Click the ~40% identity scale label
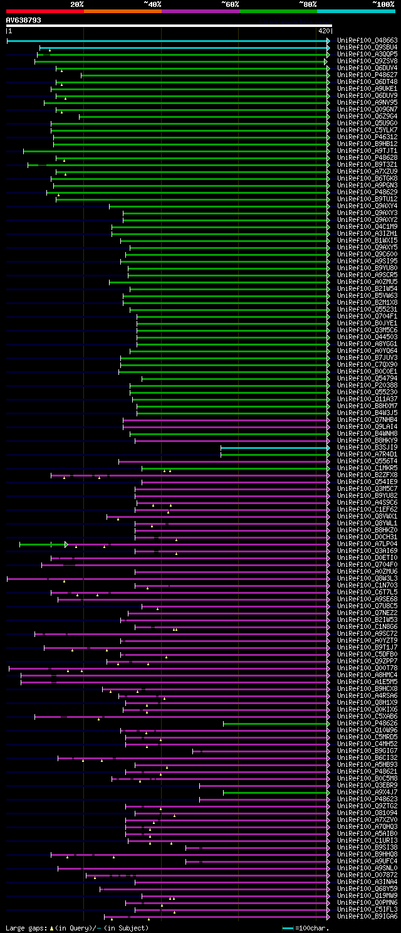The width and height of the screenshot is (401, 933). click(152, 4)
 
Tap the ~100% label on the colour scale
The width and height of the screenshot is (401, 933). click(384, 4)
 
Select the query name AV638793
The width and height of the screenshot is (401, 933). click(24, 20)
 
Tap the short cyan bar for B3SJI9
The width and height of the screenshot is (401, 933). click(274, 448)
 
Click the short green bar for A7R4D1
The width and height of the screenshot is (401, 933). click(274, 455)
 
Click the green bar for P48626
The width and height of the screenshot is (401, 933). click(276, 724)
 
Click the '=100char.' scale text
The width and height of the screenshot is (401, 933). click(313, 927)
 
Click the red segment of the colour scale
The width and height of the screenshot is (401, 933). click(44, 11)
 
